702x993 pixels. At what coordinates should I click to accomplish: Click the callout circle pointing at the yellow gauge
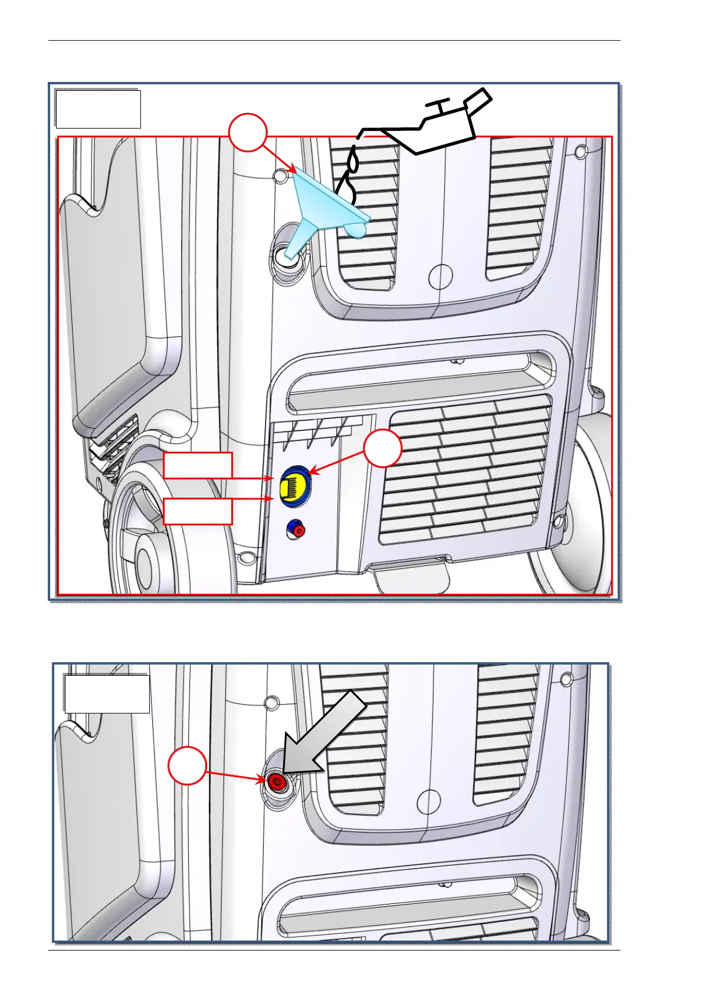click(x=383, y=448)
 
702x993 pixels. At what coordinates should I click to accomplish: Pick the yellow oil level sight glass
click(x=294, y=486)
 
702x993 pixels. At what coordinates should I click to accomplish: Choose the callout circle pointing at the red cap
click(x=188, y=766)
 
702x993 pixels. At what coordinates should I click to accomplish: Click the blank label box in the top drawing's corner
click(x=98, y=109)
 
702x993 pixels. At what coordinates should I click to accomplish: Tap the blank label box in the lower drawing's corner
click(x=107, y=694)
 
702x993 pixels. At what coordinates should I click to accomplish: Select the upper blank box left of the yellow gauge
click(x=198, y=465)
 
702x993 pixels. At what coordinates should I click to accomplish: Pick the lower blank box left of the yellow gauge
click(x=198, y=511)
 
